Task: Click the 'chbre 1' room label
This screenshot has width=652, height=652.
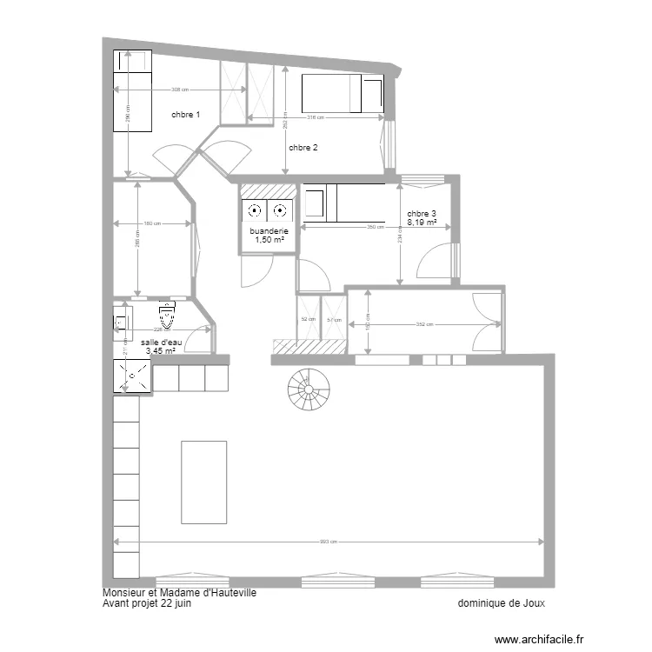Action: click(x=185, y=115)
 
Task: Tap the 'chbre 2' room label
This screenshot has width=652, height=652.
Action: click(x=303, y=148)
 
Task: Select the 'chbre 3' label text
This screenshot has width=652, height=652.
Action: click(x=422, y=214)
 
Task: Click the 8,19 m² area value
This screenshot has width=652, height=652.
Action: click(x=422, y=223)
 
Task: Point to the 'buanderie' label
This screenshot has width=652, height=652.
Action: click(x=269, y=230)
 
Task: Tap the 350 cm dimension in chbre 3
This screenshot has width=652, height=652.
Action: click(x=376, y=228)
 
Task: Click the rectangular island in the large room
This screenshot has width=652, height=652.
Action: click(x=203, y=469)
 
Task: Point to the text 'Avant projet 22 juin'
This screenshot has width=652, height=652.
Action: click(x=147, y=602)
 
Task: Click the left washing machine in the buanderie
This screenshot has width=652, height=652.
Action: click(x=254, y=210)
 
